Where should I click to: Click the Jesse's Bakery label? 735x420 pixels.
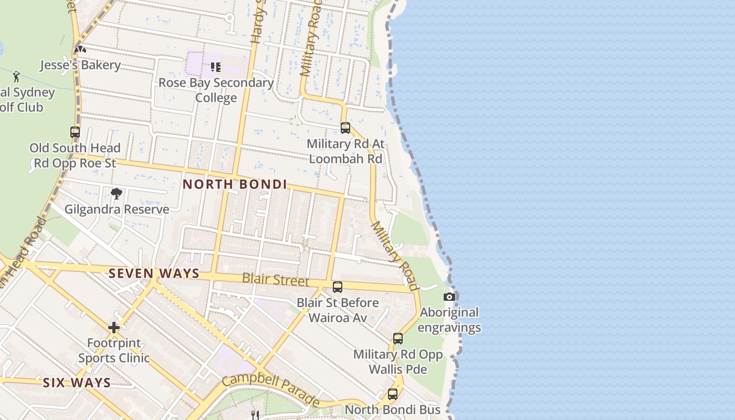coord(80,65)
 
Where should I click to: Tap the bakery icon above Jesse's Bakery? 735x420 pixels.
coord(80,49)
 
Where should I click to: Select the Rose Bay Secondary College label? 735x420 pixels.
coord(216,90)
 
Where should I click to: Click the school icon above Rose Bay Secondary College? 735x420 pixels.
coord(216,67)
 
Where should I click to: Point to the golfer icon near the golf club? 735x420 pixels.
coord(16,76)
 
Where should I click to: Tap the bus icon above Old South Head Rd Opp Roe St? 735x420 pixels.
coord(75,132)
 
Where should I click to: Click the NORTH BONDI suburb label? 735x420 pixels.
coord(235,184)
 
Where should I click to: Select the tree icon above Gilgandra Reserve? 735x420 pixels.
coord(117,194)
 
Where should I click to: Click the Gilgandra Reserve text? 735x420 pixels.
coord(117,209)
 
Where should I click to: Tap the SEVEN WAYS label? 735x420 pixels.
coord(154,274)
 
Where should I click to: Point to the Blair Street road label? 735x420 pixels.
coord(276,279)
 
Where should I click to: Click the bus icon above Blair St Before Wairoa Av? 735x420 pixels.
coord(338,287)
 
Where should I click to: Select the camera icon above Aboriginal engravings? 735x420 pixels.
coord(449,297)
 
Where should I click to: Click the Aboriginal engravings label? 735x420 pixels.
coord(449,320)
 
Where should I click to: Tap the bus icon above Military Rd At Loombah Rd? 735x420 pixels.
coord(345,128)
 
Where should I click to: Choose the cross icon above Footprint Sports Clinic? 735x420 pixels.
coord(114,328)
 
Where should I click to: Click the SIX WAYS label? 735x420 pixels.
coord(77,383)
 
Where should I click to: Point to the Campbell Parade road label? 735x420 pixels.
coord(271,390)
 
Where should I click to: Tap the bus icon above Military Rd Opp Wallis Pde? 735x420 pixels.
coord(398,339)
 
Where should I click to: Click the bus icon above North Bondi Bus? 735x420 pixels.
coord(393,394)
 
